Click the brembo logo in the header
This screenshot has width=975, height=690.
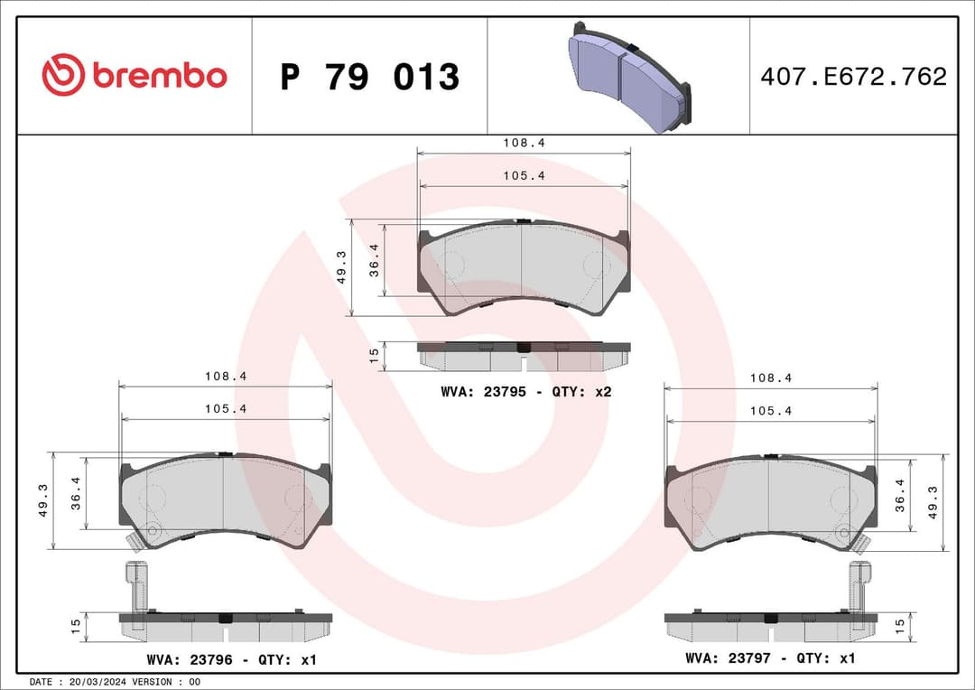pyautogui.click(x=134, y=76)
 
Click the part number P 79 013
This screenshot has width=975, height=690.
pyautogui.click(x=369, y=78)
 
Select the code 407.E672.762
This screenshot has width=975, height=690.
pyautogui.click(x=853, y=77)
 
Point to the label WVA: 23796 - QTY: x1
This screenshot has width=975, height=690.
pyautogui.click(x=231, y=660)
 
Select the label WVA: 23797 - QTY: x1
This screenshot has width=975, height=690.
pyautogui.click(x=770, y=658)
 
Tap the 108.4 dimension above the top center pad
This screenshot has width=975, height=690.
pyautogui.click(x=525, y=143)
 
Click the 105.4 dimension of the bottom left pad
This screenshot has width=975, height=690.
pyautogui.click(x=226, y=408)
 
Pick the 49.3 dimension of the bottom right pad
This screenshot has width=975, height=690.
pyautogui.click(x=933, y=502)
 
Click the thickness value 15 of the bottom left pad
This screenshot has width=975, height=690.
pyautogui.click(x=77, y=624)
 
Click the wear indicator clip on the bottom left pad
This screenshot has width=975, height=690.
pyautogui.click(x=136, y=540)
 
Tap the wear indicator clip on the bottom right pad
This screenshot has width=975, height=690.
pyautogui.click(x=861, y=540)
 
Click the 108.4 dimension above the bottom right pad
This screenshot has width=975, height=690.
pyautogui.click(x=770, y=378)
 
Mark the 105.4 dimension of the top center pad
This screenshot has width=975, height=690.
pyautogui.click(x=525, y=176)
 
